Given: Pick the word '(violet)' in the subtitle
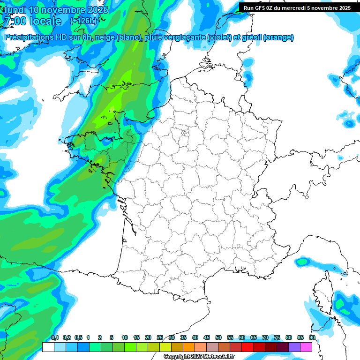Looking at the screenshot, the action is pos(220,37).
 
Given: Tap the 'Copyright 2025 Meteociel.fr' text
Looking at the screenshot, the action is pos(199,356).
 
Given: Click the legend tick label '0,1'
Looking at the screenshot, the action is pos(55,338).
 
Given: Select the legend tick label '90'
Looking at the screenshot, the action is pos(312,338).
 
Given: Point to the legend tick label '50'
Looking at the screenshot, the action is pos(218,338).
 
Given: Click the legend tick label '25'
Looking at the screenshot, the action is pos(160,338).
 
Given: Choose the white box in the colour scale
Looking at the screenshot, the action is pos(48,347).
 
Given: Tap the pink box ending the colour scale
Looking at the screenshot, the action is pos(306,347).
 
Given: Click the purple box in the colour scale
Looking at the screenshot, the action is pos(294,347).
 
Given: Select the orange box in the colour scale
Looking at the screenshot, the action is pos(189,347).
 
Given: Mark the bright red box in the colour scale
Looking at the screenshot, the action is pos(247,347).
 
